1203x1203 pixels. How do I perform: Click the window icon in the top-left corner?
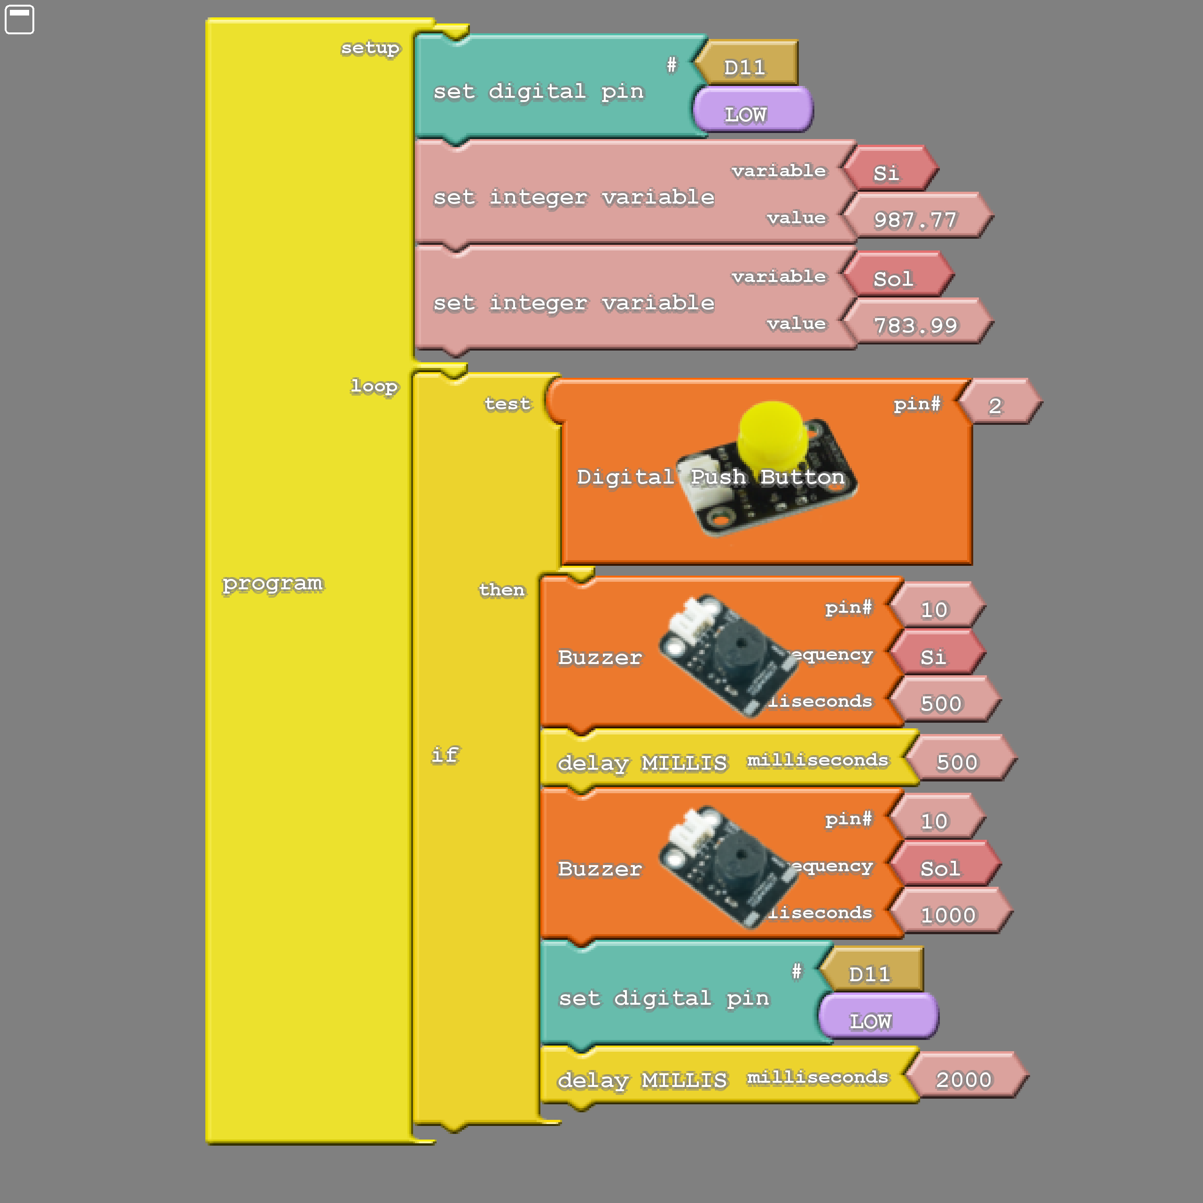[x=19, y=19]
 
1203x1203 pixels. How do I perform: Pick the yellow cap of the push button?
[x=772, y=433]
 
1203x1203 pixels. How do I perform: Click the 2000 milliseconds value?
[x=964, y=1079]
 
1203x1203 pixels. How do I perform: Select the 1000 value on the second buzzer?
[x=948, y=915]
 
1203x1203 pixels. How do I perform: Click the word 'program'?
[x=273, y=584]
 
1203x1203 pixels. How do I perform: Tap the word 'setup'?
[x=370, y=48]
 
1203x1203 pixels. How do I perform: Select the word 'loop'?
[x=374, y=386]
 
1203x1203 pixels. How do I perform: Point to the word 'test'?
[x=508, y=404]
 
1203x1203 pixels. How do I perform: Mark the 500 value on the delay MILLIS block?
[x=958, y=762]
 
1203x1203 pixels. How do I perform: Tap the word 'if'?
[x=445, y=755]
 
